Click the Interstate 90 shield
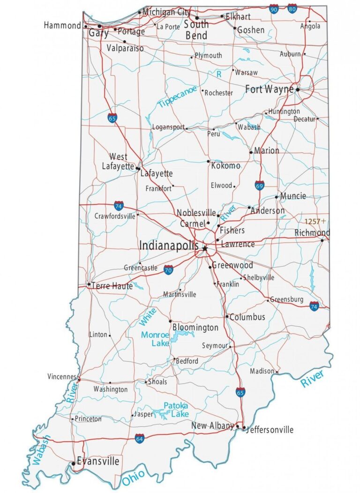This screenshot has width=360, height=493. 274,8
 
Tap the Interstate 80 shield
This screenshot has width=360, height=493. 292,8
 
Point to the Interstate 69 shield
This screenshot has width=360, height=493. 260,185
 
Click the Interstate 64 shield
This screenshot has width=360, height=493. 139,439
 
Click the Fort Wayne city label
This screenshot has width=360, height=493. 270,89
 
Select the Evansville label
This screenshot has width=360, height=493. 98,461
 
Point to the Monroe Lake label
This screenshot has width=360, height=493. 155,339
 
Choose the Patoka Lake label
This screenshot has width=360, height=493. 176,410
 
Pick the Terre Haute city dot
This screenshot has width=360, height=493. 89,284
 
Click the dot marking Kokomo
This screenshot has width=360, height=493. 208,161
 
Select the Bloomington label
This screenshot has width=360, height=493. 195,327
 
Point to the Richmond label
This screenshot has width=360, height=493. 312,233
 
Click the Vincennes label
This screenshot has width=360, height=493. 61,376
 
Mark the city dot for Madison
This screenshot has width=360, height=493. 277,372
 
